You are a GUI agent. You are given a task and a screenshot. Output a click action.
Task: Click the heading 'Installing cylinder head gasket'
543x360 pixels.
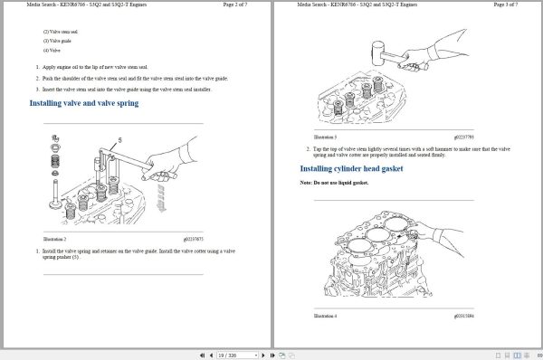[351, 168]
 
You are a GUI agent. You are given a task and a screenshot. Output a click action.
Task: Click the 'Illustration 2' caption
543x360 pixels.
[54, 239]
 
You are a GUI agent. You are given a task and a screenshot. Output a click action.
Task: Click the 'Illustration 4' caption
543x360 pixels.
[324, 317]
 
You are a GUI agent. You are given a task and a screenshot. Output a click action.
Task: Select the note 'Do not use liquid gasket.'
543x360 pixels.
[335, 183]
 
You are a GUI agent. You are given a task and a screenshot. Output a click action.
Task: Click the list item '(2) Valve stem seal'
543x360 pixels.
[61, 32]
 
